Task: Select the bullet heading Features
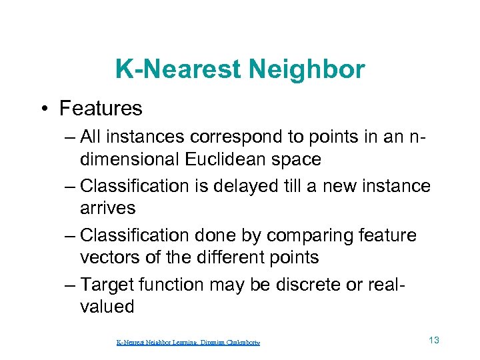click(x=101, y=108)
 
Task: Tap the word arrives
click(x=107, y=208)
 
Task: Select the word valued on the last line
click(x=107, y=307)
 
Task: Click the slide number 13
click(x=434, y=341)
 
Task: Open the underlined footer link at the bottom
click(x=188, y=343)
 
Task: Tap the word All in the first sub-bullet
click(x=90, y=137)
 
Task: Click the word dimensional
click(x=128, y=159)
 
